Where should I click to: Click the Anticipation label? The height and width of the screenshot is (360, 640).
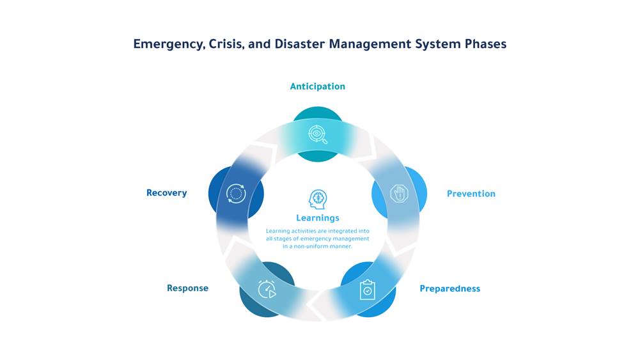317,86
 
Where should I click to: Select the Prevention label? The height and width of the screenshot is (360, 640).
471,194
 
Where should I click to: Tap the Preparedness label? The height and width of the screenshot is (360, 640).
449,288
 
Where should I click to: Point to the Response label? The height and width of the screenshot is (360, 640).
187,288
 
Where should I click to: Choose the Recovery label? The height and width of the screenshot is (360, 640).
166,193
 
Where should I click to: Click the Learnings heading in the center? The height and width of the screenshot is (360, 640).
317,218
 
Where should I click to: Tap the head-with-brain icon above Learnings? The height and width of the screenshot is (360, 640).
317,199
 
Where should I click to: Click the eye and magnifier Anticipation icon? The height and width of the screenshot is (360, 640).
317,134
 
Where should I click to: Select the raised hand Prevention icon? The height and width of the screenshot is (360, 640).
399,194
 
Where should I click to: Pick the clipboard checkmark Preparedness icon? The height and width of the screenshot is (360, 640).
368,290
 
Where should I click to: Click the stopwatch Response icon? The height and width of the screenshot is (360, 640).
267,290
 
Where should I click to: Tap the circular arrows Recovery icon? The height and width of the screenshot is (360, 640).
236,194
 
